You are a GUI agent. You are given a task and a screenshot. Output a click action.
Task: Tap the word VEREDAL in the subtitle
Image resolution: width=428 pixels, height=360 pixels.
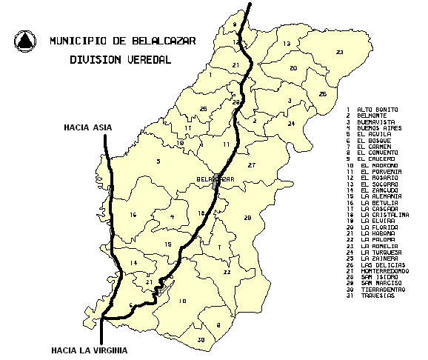(148, 60)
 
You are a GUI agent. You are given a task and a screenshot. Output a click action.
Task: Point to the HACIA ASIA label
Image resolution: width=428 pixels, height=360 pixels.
(87, 127)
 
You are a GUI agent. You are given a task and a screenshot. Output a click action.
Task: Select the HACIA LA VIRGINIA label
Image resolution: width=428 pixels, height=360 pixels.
(88, 350)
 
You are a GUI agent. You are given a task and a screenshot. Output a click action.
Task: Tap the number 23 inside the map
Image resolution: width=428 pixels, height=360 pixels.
(339, 52)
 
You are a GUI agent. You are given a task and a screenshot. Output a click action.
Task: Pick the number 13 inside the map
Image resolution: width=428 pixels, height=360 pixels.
(286, 44)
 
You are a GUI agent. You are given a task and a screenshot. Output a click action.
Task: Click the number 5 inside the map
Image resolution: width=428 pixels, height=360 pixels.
(158, 161)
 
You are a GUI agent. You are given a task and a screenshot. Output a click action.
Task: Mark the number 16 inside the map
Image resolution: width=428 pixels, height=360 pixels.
(133, 215)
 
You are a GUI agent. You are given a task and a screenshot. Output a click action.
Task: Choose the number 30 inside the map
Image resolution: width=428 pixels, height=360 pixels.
(201, 339)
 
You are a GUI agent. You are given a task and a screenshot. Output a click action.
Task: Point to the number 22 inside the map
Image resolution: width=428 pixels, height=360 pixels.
(227, 272)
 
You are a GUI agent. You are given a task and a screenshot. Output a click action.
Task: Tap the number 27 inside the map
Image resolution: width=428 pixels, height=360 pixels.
(251, 164)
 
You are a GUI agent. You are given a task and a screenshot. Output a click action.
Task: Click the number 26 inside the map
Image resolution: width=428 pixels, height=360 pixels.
(322, 94)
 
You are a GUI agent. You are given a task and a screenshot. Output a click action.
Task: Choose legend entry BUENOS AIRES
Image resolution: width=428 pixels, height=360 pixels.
(381, 127)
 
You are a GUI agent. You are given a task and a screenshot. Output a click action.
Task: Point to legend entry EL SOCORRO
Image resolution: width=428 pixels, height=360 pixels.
(378, 183)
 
